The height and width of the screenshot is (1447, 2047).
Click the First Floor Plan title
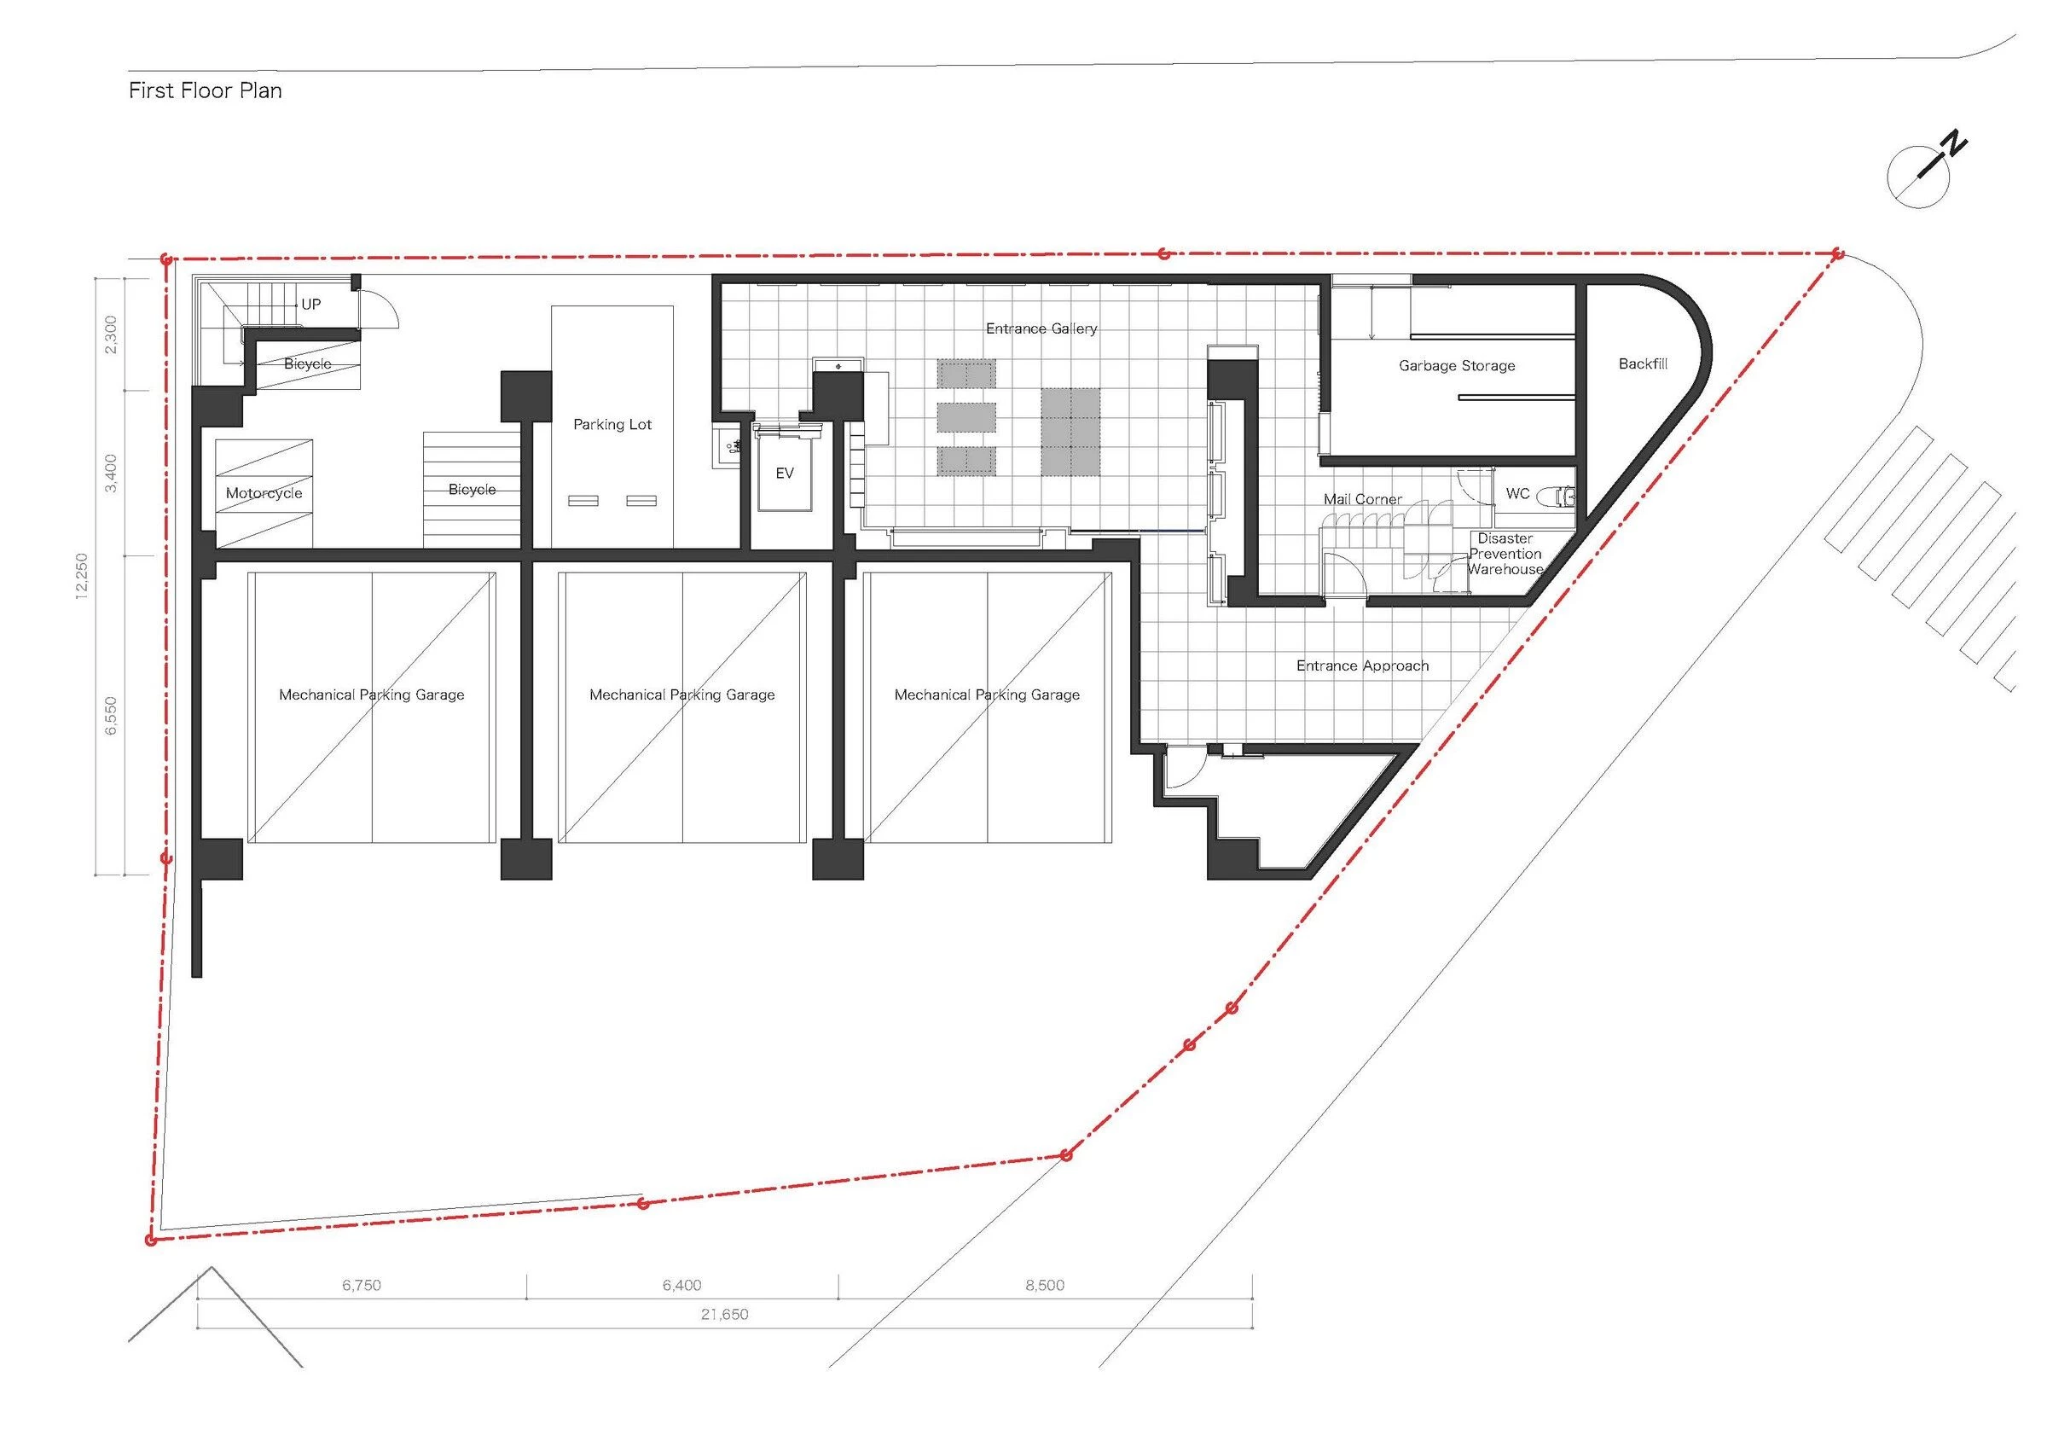tap(205, 90)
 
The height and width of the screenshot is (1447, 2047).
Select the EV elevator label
tap(784, 474)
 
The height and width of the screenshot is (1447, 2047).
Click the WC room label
tap(1517, 493)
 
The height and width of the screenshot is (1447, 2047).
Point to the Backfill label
tap(1642, 363)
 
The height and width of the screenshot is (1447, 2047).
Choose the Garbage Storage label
tap(1457, 365)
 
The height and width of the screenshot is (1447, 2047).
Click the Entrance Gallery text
tap(1041, 329)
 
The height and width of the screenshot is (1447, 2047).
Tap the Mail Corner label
tap(1362, 499)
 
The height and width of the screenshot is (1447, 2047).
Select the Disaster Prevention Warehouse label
tap(1505, 554)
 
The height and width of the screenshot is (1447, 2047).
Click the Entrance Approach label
tap(1362, 666)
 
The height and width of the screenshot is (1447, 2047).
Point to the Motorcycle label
tap(264, 493)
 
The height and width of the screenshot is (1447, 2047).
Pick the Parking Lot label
tap(612, 424)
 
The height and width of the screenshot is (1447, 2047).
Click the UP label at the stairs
tap(311, 304)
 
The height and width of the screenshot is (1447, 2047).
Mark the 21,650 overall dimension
tap(724, 1314)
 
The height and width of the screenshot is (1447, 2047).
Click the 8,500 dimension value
tap(1045, 1285)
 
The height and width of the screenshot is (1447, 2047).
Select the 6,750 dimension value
tap(361, 1285)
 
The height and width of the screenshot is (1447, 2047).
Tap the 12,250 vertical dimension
tap(82, 577)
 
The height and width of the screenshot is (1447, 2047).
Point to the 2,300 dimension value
tap(111, 334)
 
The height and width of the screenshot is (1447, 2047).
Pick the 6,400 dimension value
tap(682, 1285)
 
